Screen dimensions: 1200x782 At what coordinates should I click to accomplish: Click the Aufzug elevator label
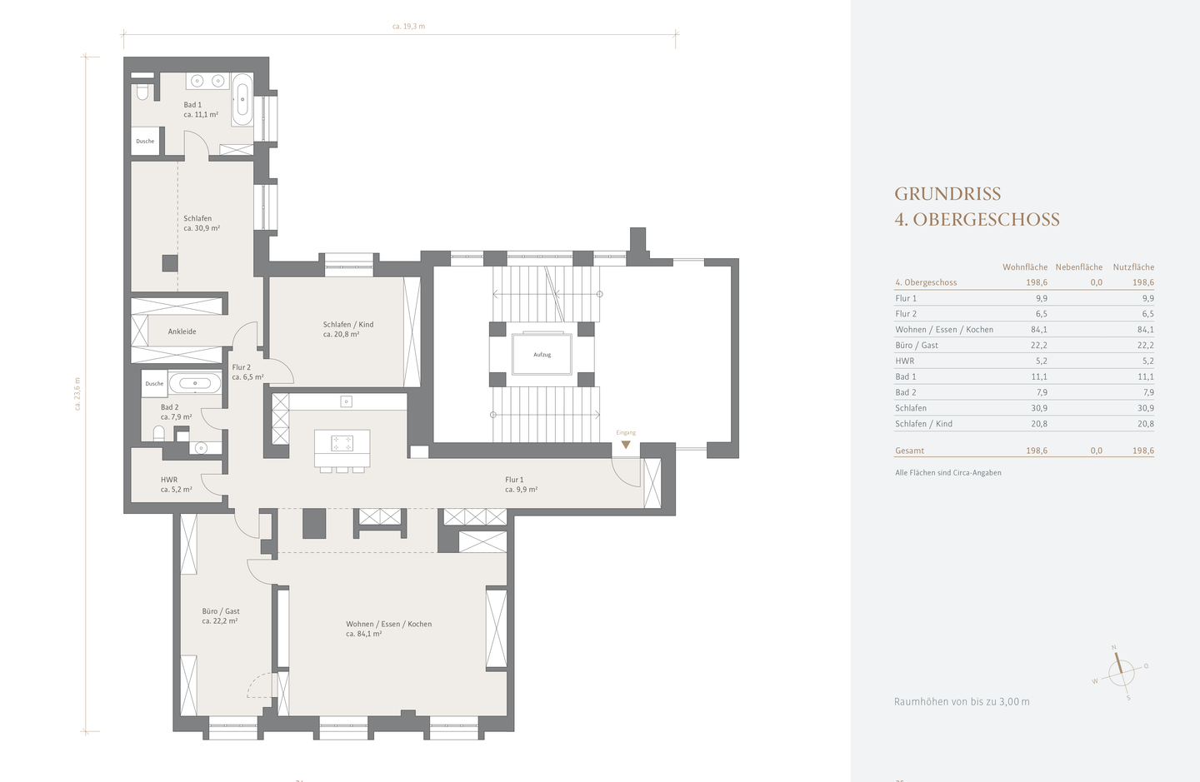tap(542, 354)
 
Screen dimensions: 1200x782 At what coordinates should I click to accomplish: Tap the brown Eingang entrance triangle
tap(626, 444)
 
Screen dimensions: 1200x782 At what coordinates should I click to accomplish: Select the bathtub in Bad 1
tap(242, 100)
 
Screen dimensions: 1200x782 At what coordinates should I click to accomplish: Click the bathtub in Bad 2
tap(194, 383)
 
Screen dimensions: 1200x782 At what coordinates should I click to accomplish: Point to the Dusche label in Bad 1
tap(145, 142)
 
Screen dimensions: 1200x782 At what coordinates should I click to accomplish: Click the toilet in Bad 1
tap(142, 92)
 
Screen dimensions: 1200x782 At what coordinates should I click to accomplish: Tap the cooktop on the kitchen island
tap(342, 443)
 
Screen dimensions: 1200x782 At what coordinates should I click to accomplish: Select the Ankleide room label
tap(182, 331)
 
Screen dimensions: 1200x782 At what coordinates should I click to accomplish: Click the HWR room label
tap(168, 480)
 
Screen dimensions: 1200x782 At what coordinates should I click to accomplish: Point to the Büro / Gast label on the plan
tap(221, 610)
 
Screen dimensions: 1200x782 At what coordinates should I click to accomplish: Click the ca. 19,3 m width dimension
tap(408, 26)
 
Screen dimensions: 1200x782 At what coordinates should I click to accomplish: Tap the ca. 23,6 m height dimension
tap(77, 393)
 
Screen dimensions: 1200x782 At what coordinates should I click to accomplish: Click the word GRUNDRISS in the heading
tap(947, 194)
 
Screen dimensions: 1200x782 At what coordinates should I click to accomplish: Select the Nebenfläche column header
tap(1079, 266)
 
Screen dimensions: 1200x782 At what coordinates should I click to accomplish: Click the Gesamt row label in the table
tap(910, 451)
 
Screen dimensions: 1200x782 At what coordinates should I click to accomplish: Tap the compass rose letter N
tap(1114, 648)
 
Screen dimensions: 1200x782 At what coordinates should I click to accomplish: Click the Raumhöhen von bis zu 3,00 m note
tap(962, 701)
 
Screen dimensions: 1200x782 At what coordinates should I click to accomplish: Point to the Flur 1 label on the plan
tap(514, 480)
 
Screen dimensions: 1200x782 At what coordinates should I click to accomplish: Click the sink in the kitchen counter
tap(346, 401)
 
